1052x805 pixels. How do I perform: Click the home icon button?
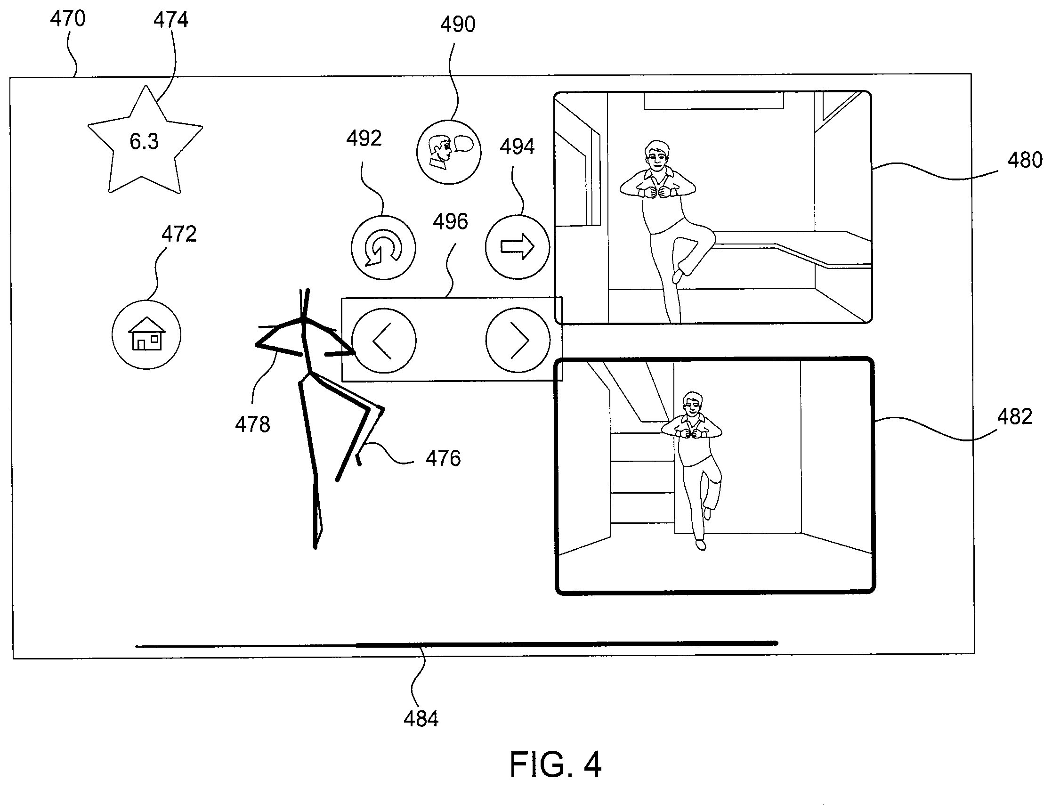click(x=146, y=335)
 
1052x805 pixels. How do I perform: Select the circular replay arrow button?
click(x=383, y=248)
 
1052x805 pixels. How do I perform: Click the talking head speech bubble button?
click(x=449, y=152)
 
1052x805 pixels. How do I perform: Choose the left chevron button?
click(x=383, y=341)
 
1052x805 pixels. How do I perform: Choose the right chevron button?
click(x=518, y=340)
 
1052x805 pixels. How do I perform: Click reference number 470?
click(x=68, y=19)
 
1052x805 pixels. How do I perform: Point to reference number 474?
click(x=171, y=20)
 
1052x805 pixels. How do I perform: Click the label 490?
click(x=458, y=24)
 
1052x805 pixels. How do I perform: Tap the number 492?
click(x=364, y=138)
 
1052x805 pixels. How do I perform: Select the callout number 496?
click(x=450, y=221)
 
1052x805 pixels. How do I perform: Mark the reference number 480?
click(x=1025, y=160)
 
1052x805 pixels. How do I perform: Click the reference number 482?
click(x=1015, y=417)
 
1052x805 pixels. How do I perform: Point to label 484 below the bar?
click(x=421, y=719)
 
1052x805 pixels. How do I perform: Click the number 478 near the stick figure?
click(x=252, y=424)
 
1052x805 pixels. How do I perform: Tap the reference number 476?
click(x=443, y=459)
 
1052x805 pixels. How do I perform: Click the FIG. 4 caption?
click(x=555, y=765)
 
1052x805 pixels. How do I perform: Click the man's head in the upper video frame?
click(x=657, y=154)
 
